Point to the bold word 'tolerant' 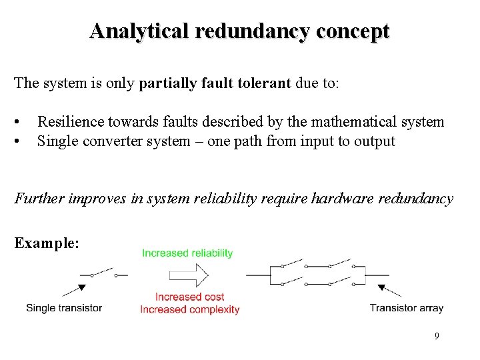[265, 83]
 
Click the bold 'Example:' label [47, 243]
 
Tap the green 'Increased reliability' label [187, 253]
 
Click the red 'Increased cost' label [190, 297]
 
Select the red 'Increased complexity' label [190, 309]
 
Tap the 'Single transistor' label [64, 308]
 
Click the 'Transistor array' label [407, 308]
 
